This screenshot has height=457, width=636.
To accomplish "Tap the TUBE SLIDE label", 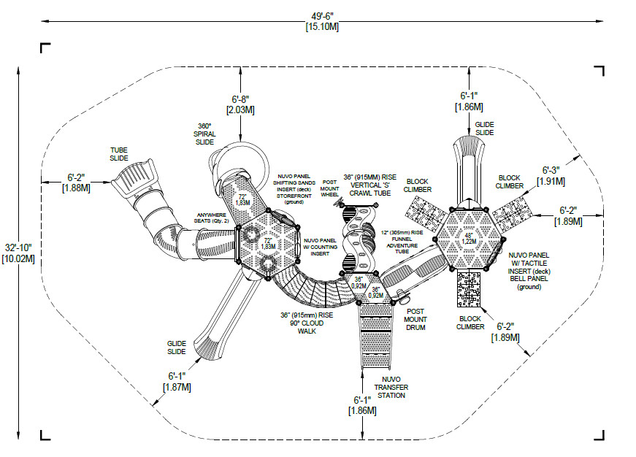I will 118,153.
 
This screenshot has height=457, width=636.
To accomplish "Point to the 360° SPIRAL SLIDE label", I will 204,133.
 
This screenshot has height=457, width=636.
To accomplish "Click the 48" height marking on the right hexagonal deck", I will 468,236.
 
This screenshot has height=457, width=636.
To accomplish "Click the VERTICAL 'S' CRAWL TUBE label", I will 370,185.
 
